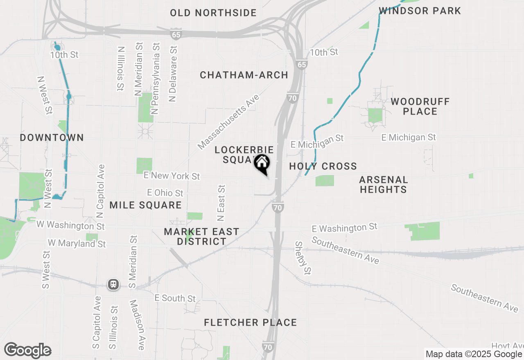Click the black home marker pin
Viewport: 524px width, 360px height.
pyautogui.click(x=262, y=164)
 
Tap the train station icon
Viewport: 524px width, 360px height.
pyautogui.click(x=113, y=284)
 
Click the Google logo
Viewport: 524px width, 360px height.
pyautogui.click(x=27, y=351)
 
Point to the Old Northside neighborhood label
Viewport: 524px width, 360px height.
pyautogui.click(x=213, y=13)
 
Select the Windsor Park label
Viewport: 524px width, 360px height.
pyautogui.click(x=420, y=11)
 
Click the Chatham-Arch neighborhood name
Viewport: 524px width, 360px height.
pyautogui.click(x=244, y=75)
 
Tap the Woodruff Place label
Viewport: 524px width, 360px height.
pyautogui.click(x=420, y=106)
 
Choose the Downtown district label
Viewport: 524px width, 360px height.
pyautogui.click(x=52, y=138)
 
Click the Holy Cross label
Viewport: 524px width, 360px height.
pyautogui.click(x=323, y=166)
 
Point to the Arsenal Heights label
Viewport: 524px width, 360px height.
pyautogui.click(x=384, y=184)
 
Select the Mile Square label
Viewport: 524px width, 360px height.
pyautogui.click(x=145, y=205)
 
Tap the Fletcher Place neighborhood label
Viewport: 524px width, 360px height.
pyautogui.click(x=250, y=323)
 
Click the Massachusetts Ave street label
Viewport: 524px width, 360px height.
pyautogui.click(x=229, y=122)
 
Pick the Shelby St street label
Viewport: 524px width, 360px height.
pyautogui.click(x=303, y=258)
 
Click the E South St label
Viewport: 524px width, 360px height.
pyautogui.click(x=175, y=298)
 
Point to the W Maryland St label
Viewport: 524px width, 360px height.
pyautogui.click(x=77, y=243)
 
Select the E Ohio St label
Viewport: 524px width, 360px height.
pyautogui.click(x=165, y=192)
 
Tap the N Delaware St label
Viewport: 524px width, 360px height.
pyautogui.click(x=173, y=74)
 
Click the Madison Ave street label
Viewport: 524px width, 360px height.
pyautogui.click(x=137, y=325)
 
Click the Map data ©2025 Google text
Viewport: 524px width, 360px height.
pyautogui.click(x=474, y=354)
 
